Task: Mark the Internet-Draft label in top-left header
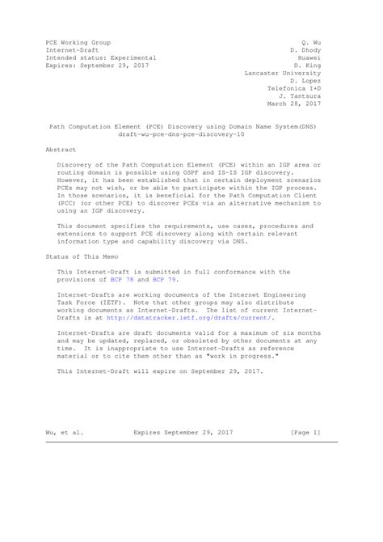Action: tap(72, 50)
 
